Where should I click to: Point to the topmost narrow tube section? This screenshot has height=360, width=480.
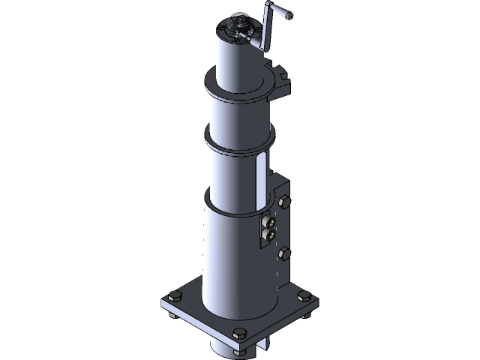[238, 60]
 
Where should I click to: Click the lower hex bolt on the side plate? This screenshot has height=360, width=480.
[284, 254]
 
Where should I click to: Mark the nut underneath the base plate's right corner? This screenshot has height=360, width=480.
[306, 314]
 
